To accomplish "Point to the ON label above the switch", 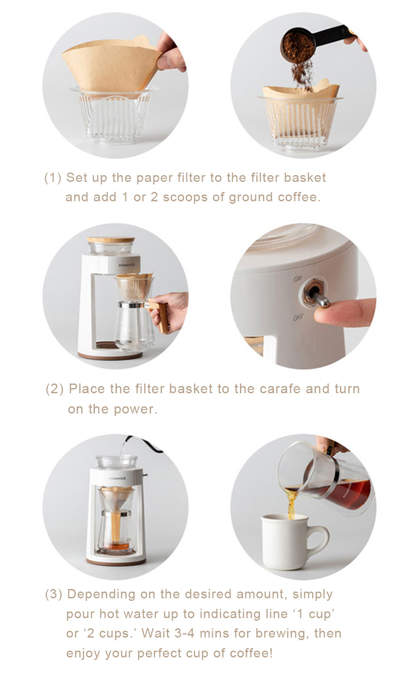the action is (x=298, y=279).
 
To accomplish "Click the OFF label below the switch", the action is (x=298, y=317).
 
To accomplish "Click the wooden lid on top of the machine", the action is (x=111, y=240).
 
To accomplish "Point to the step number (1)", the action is (x=53, y=178).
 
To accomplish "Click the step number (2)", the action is (x=55, y=389).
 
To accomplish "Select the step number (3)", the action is (x=54, y=594).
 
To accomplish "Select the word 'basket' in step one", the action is (x=305, y=178).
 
